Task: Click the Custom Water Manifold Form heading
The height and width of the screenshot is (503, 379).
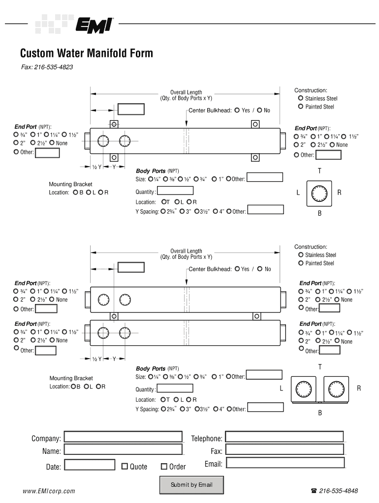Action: [x=86, y=53]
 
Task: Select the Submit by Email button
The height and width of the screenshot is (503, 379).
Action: [x=191, y=485]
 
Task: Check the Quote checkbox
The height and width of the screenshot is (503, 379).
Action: [x=125, y=466]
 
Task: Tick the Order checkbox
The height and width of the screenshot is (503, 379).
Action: [x=164, y=466]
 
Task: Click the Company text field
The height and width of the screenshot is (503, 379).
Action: [x=123, y=437]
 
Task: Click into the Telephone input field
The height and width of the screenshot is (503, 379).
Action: [x=284, y=437]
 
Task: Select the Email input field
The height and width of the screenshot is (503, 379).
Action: [x=284, y=463]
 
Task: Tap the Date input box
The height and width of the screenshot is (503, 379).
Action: [x=90, y=465]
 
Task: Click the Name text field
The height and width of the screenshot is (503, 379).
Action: [x=123, y=450]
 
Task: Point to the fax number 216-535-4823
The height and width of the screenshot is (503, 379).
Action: [x=54, y=67]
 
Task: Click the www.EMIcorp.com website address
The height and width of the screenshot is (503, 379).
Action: [x=49, y=491]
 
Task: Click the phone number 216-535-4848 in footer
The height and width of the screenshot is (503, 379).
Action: [x=338, y=491]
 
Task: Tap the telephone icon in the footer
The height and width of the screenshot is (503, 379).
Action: [x=314, y=491]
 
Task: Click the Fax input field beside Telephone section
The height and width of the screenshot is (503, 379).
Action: [x=284, y=450]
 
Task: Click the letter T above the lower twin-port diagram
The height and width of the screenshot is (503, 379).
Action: [x=320, y=367]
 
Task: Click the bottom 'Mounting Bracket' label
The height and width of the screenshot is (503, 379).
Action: [x=71, y=378]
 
